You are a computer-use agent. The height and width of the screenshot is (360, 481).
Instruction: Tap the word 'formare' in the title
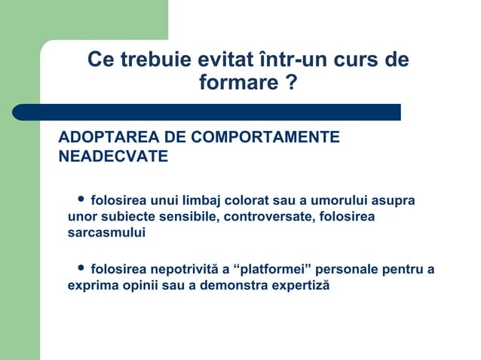pyautogui.click(x=235, y=83)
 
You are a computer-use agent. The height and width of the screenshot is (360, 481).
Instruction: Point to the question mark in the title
pyautogui.click(x=291, y=83)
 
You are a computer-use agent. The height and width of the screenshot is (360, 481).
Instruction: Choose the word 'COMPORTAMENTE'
pyautogui.click(x=264, y=138)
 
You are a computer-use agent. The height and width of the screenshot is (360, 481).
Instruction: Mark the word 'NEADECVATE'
pyautogui.click(x=113, y=157)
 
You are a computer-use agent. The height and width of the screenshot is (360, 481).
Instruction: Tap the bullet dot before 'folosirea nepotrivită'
pyautogui.click(x=81, y=268)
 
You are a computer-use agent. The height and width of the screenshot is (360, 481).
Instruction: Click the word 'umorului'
pyautogui.click(x=344, y=201)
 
